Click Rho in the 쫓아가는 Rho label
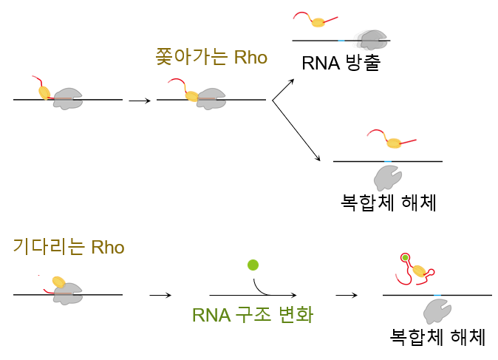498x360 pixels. click(x=250, y=58)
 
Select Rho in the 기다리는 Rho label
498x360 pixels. click(x=107, y=247)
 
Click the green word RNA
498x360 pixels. click(x=210, y=315)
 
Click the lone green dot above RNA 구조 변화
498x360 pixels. click(x=253, y=265)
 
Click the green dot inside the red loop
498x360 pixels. click(x=405, y=257)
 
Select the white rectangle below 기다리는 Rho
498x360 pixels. click(x=38, y=282)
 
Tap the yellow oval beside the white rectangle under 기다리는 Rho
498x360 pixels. click(x=58, y=282)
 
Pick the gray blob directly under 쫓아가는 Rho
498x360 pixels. click(x=212, y=98)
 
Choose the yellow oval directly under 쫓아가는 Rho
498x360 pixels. click(x=191, y=96)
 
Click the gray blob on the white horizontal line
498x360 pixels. click(x=370, y=40)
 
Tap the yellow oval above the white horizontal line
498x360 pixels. click(x=318, y=23)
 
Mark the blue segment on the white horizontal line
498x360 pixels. click(x=341, y=40)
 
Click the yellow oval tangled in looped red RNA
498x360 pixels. click(x=419, y=271)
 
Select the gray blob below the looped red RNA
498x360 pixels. click(x=437, y=311)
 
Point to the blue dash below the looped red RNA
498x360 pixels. click(x=437, y=295)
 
